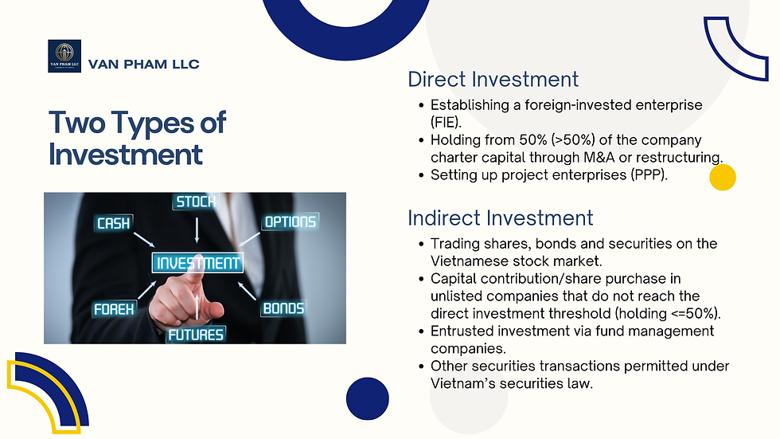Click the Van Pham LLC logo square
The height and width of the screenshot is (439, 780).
64,56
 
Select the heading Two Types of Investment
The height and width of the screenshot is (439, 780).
137,137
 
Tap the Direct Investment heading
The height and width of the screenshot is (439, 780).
493,80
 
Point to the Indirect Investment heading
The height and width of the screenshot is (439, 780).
500,218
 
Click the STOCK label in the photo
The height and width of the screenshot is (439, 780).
196,202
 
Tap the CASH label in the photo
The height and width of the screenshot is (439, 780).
113,224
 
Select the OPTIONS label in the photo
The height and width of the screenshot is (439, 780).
290,221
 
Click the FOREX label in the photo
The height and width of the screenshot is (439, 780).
115,308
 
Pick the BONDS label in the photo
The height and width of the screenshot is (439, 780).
283,308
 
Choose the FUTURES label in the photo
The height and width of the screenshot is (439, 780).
196,334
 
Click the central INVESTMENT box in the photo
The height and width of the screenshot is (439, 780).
197,263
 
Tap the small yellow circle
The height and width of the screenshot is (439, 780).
722,177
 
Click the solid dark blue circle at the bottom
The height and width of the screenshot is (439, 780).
368,398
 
